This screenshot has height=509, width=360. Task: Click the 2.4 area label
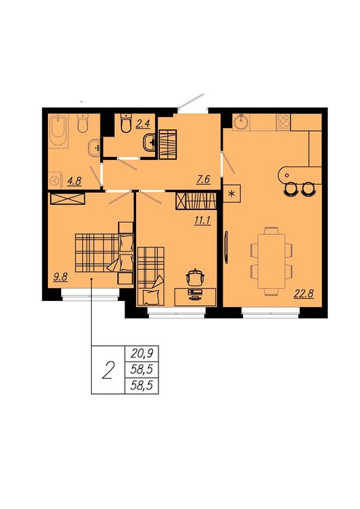[x=143, y=124]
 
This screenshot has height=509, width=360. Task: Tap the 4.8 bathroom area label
[x=74, y=180]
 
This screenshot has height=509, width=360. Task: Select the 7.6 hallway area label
[x=203, y=180]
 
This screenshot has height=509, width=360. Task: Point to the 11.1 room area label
[x=202, y=221]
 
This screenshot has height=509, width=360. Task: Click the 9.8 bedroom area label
[x=60, y=277]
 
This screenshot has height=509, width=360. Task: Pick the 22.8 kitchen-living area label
[x=303, y=294]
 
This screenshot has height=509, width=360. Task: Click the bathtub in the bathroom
[x=58, y=130]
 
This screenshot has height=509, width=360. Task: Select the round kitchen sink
[x=241, y=122]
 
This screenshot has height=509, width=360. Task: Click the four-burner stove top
[x=283, y=121]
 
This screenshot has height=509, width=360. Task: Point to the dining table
[x=271, y=260]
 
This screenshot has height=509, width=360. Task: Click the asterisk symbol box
[x=232, y=193]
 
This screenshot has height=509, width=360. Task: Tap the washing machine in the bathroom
[x=55, y=180]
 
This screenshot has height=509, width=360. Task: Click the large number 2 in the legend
[x=108, y=370]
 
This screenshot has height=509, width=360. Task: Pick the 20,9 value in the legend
[x=142, y=353]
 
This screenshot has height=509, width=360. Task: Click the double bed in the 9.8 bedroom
[x=104, y=253]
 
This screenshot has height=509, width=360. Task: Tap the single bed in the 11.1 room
[x=151, y=276]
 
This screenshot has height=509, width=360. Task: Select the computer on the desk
[x=194, y=294]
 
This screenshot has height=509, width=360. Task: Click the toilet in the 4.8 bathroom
[x=83, y=123]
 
